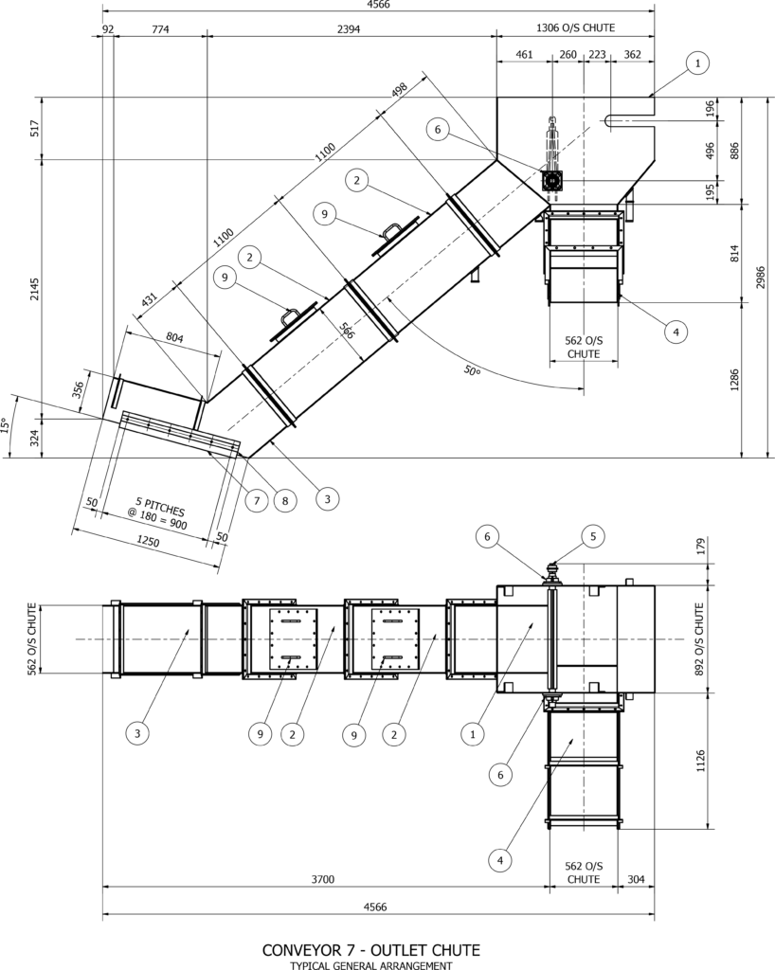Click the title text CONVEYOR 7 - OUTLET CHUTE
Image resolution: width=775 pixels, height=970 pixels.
point(371,950)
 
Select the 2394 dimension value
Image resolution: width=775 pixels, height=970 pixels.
point(349,28)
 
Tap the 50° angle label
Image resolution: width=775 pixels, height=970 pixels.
point(472,370)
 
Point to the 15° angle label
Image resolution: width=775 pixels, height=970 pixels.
point(6,425)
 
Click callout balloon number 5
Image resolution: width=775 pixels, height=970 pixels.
point(592,536)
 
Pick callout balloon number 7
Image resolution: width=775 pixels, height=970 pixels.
point(257,500)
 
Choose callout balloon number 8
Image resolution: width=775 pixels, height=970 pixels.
point(284,500)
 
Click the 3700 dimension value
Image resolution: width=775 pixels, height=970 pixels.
point(323,880)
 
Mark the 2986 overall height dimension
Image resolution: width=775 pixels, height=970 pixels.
point(761,278)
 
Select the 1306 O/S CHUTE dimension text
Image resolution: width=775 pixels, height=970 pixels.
point(575,27)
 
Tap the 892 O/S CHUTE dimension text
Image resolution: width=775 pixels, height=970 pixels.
point(700,638)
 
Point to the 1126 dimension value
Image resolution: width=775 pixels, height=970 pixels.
point(700,761)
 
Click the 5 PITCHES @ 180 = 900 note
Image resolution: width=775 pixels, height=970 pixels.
point(160,512)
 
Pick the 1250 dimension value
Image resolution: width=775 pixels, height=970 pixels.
point(148,541)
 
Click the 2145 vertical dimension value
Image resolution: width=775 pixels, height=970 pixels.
point(35,289)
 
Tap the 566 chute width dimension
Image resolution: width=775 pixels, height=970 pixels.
point(347,331)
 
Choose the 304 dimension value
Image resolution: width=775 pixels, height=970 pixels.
point(636,880)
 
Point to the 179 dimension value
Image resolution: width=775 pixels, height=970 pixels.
point(700,548)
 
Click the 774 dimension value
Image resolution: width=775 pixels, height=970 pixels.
point(160,28)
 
